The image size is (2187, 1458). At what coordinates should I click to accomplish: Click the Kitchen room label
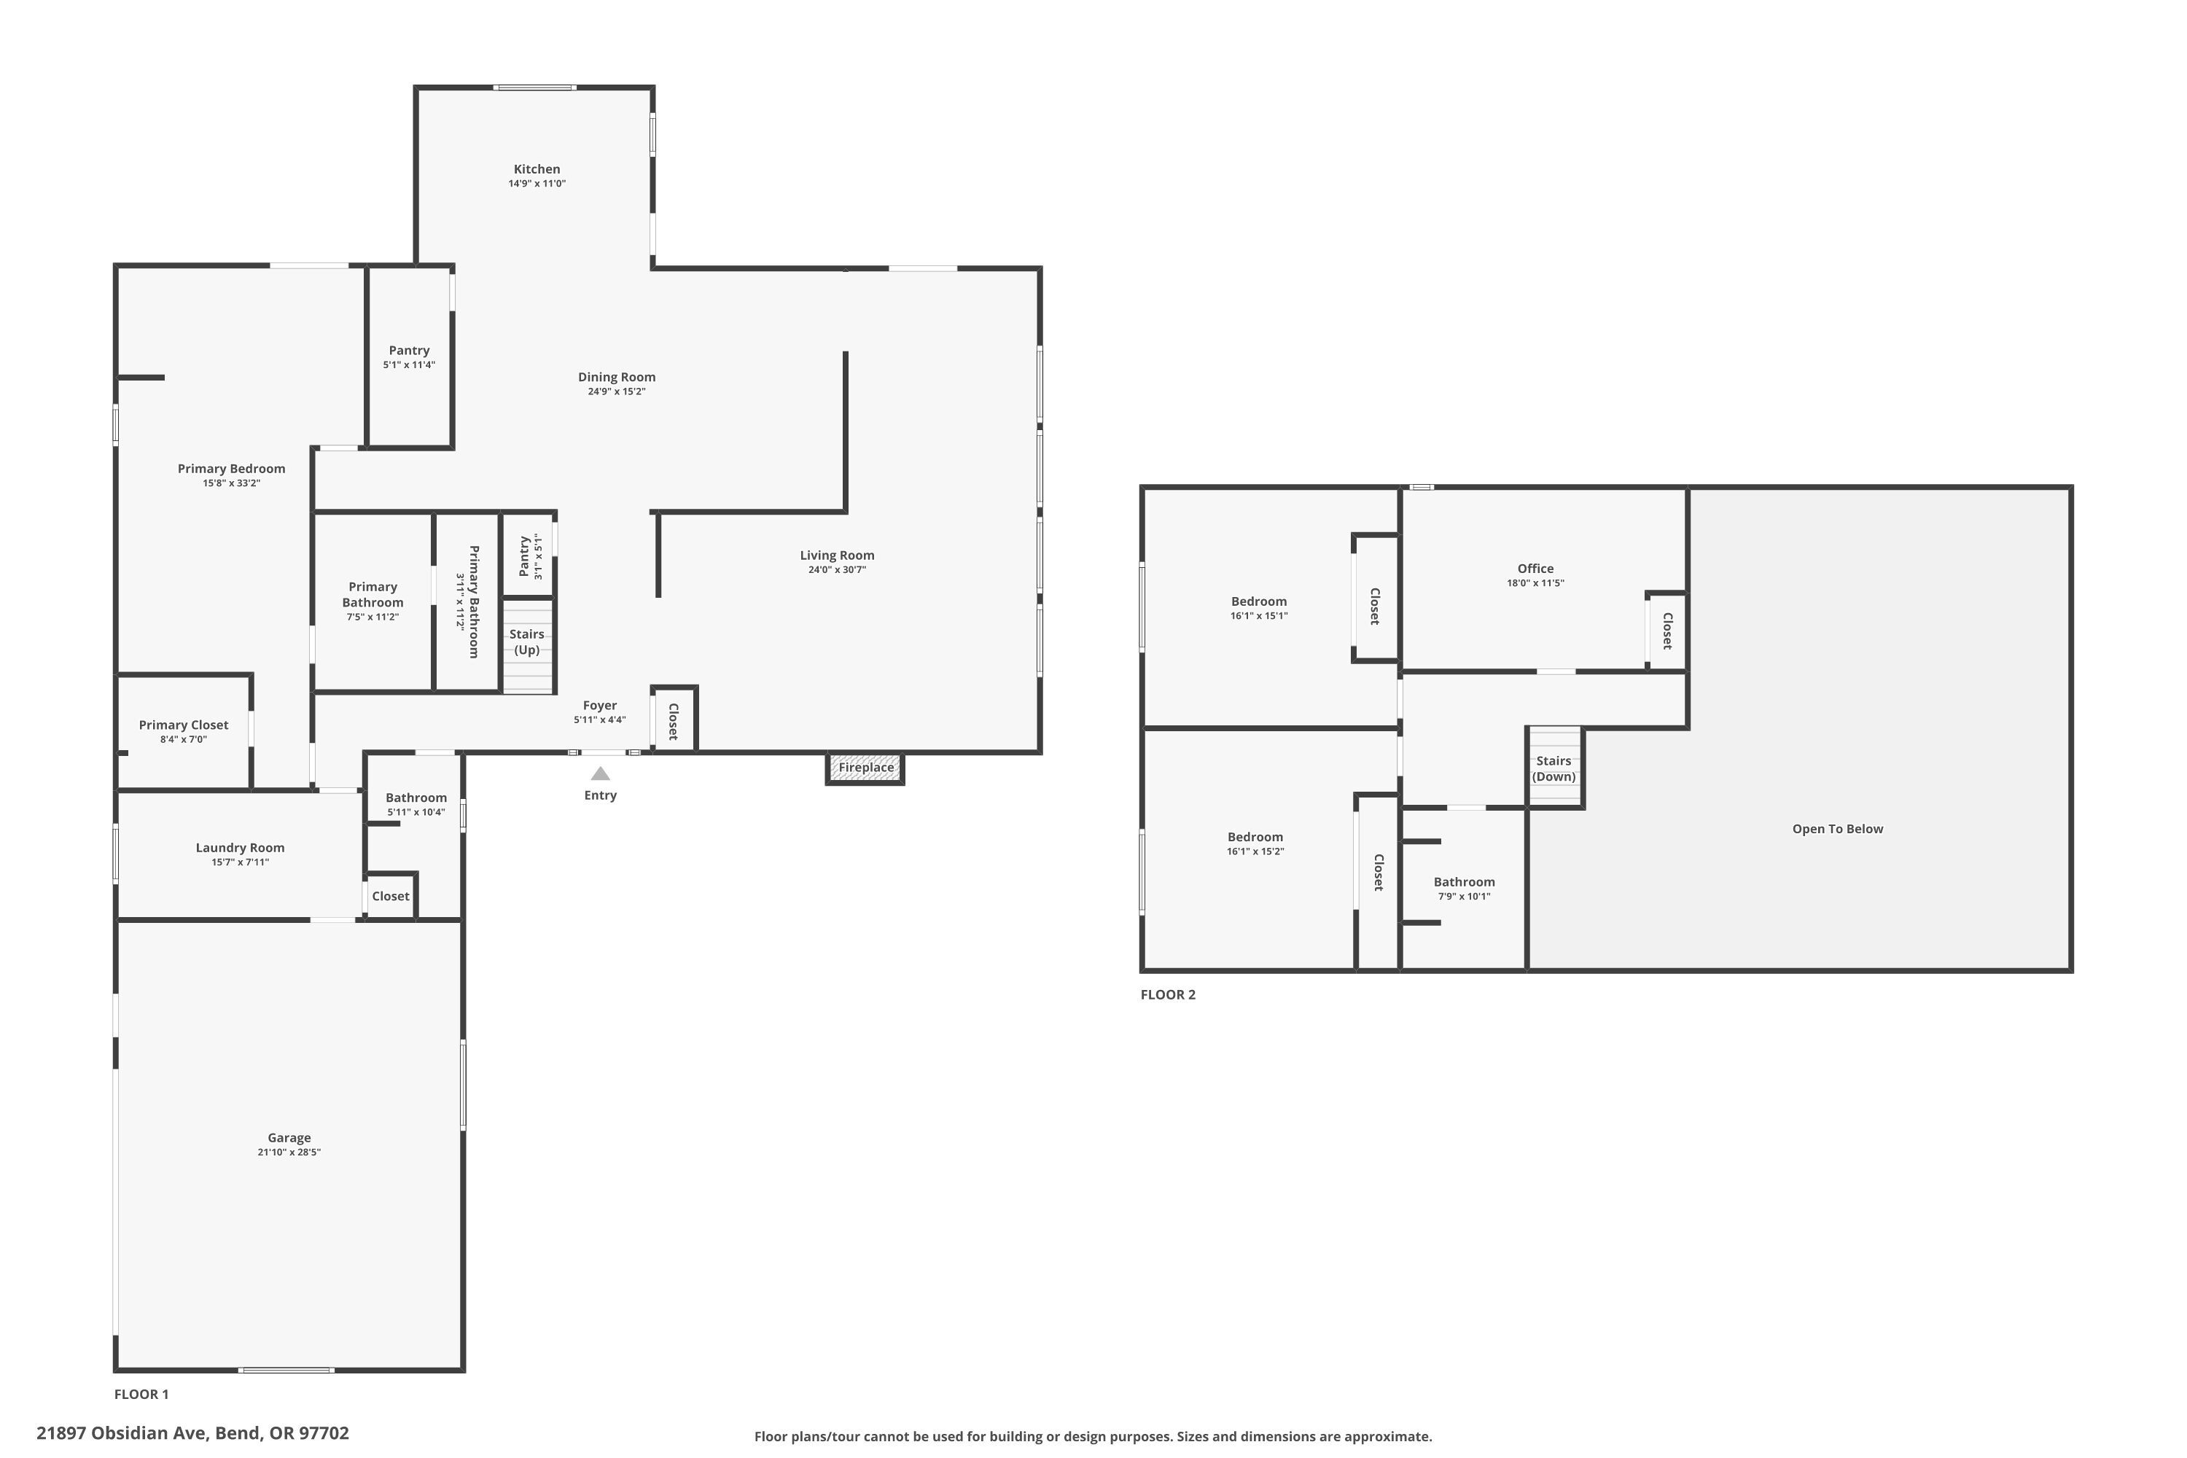click(537, 169)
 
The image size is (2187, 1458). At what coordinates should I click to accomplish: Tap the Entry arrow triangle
click(601, 773)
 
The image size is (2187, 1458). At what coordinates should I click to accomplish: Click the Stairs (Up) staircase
click(528, 645)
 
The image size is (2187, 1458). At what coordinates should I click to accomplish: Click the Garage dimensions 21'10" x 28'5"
click(289, 1152)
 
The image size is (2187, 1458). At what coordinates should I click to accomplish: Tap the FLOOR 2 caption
click(1168, 994)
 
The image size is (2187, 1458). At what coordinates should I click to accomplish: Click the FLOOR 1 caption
click(141, 1394)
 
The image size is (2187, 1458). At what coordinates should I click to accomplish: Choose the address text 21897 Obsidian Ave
click(122, 1433)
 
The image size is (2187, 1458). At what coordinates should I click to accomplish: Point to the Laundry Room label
click(240, 848)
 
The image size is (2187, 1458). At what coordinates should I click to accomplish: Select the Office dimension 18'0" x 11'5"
click(1535, 583)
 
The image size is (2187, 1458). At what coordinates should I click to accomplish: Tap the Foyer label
click(600, 706)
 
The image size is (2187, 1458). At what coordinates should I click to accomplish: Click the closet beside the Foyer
click(674, 719)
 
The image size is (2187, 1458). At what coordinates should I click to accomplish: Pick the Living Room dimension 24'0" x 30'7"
click(837, 570)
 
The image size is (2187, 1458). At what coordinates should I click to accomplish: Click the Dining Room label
click(617, 377)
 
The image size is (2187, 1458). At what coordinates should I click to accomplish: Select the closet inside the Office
click(1666, 631)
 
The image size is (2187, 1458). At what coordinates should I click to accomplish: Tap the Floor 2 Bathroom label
click(1464, 882)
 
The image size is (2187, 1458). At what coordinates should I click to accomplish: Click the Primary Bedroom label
click(232, 469)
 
